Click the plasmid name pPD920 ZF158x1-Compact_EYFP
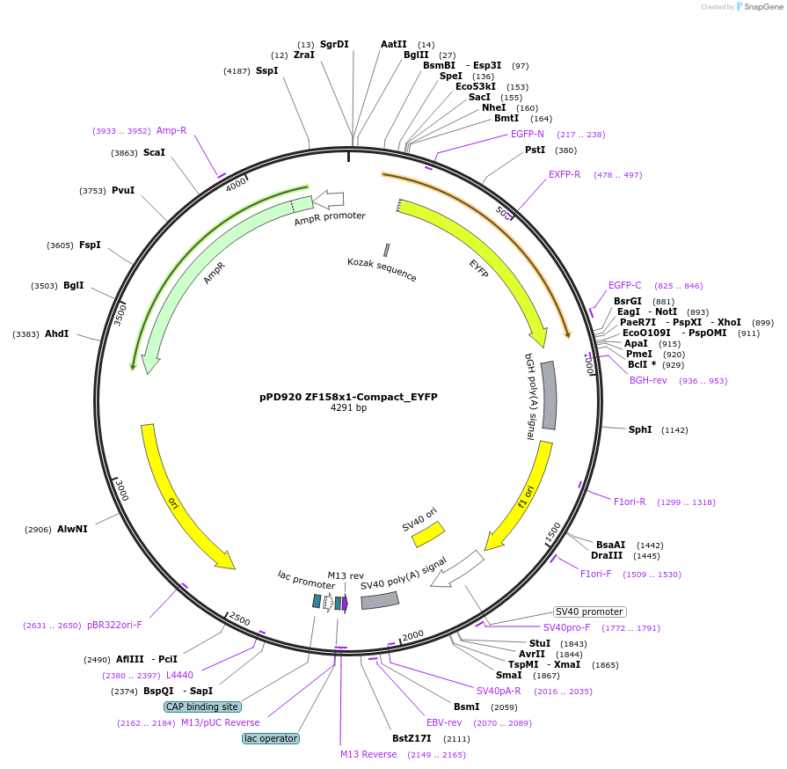tap(348, 397)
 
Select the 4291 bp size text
tap(348, 408)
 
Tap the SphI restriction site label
tap(640, 429)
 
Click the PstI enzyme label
tap(535, 150)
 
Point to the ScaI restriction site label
tap(154, 152)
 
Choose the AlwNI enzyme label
tap(72, 529)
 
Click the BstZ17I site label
tap(412, 738)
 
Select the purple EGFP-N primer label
tap(528, 134)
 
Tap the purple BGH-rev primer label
tap(648, 380)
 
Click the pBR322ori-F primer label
tap(114, 625)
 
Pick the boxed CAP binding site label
tap(201, 707)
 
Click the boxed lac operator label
tap(271, 738)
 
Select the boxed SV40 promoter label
tap(589, 612)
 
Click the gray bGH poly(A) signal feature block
tap(549, 395)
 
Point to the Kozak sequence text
tap(382, 269)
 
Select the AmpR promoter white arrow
tap(329, 200)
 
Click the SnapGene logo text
tap(761, 7)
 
